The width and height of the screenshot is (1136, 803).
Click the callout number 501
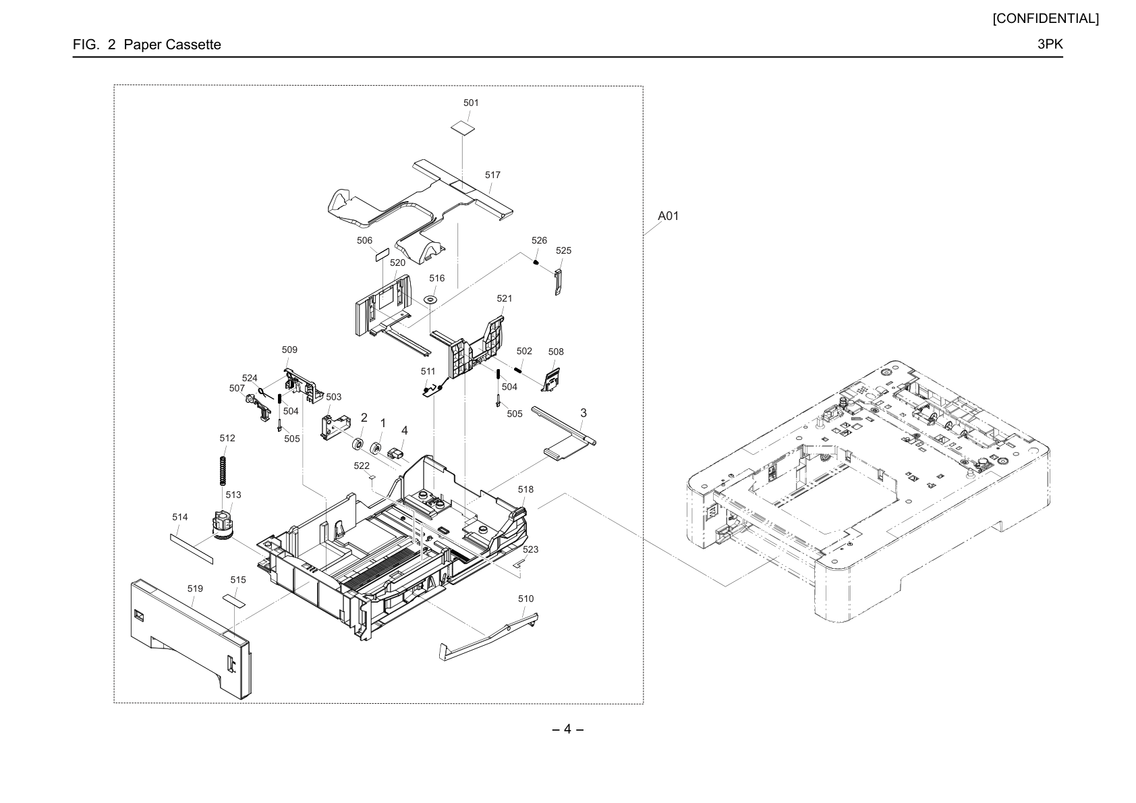pos(471,103)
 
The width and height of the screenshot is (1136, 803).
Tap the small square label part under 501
pos(463,128)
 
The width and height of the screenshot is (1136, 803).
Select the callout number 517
pos(492,175)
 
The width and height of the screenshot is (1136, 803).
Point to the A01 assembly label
pos(668,216)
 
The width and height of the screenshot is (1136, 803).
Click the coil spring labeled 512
pos(222,471)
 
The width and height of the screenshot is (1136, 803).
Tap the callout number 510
pos(526,599)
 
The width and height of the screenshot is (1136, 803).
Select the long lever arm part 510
pos(488,637)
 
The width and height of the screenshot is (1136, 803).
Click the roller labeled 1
pos(376,449)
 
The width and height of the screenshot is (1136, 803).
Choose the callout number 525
pos(563,250)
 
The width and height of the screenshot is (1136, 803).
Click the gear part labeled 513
pos(222,525)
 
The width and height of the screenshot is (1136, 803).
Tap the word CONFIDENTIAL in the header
pos(1046,19)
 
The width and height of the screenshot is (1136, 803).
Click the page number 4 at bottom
pos(567,729)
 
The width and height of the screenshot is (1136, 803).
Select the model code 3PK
pos(1050,44)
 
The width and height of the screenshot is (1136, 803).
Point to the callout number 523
pos(530,549)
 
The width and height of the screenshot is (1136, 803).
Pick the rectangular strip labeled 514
pos(191,549)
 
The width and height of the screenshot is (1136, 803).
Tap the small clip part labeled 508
pos(551,379)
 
